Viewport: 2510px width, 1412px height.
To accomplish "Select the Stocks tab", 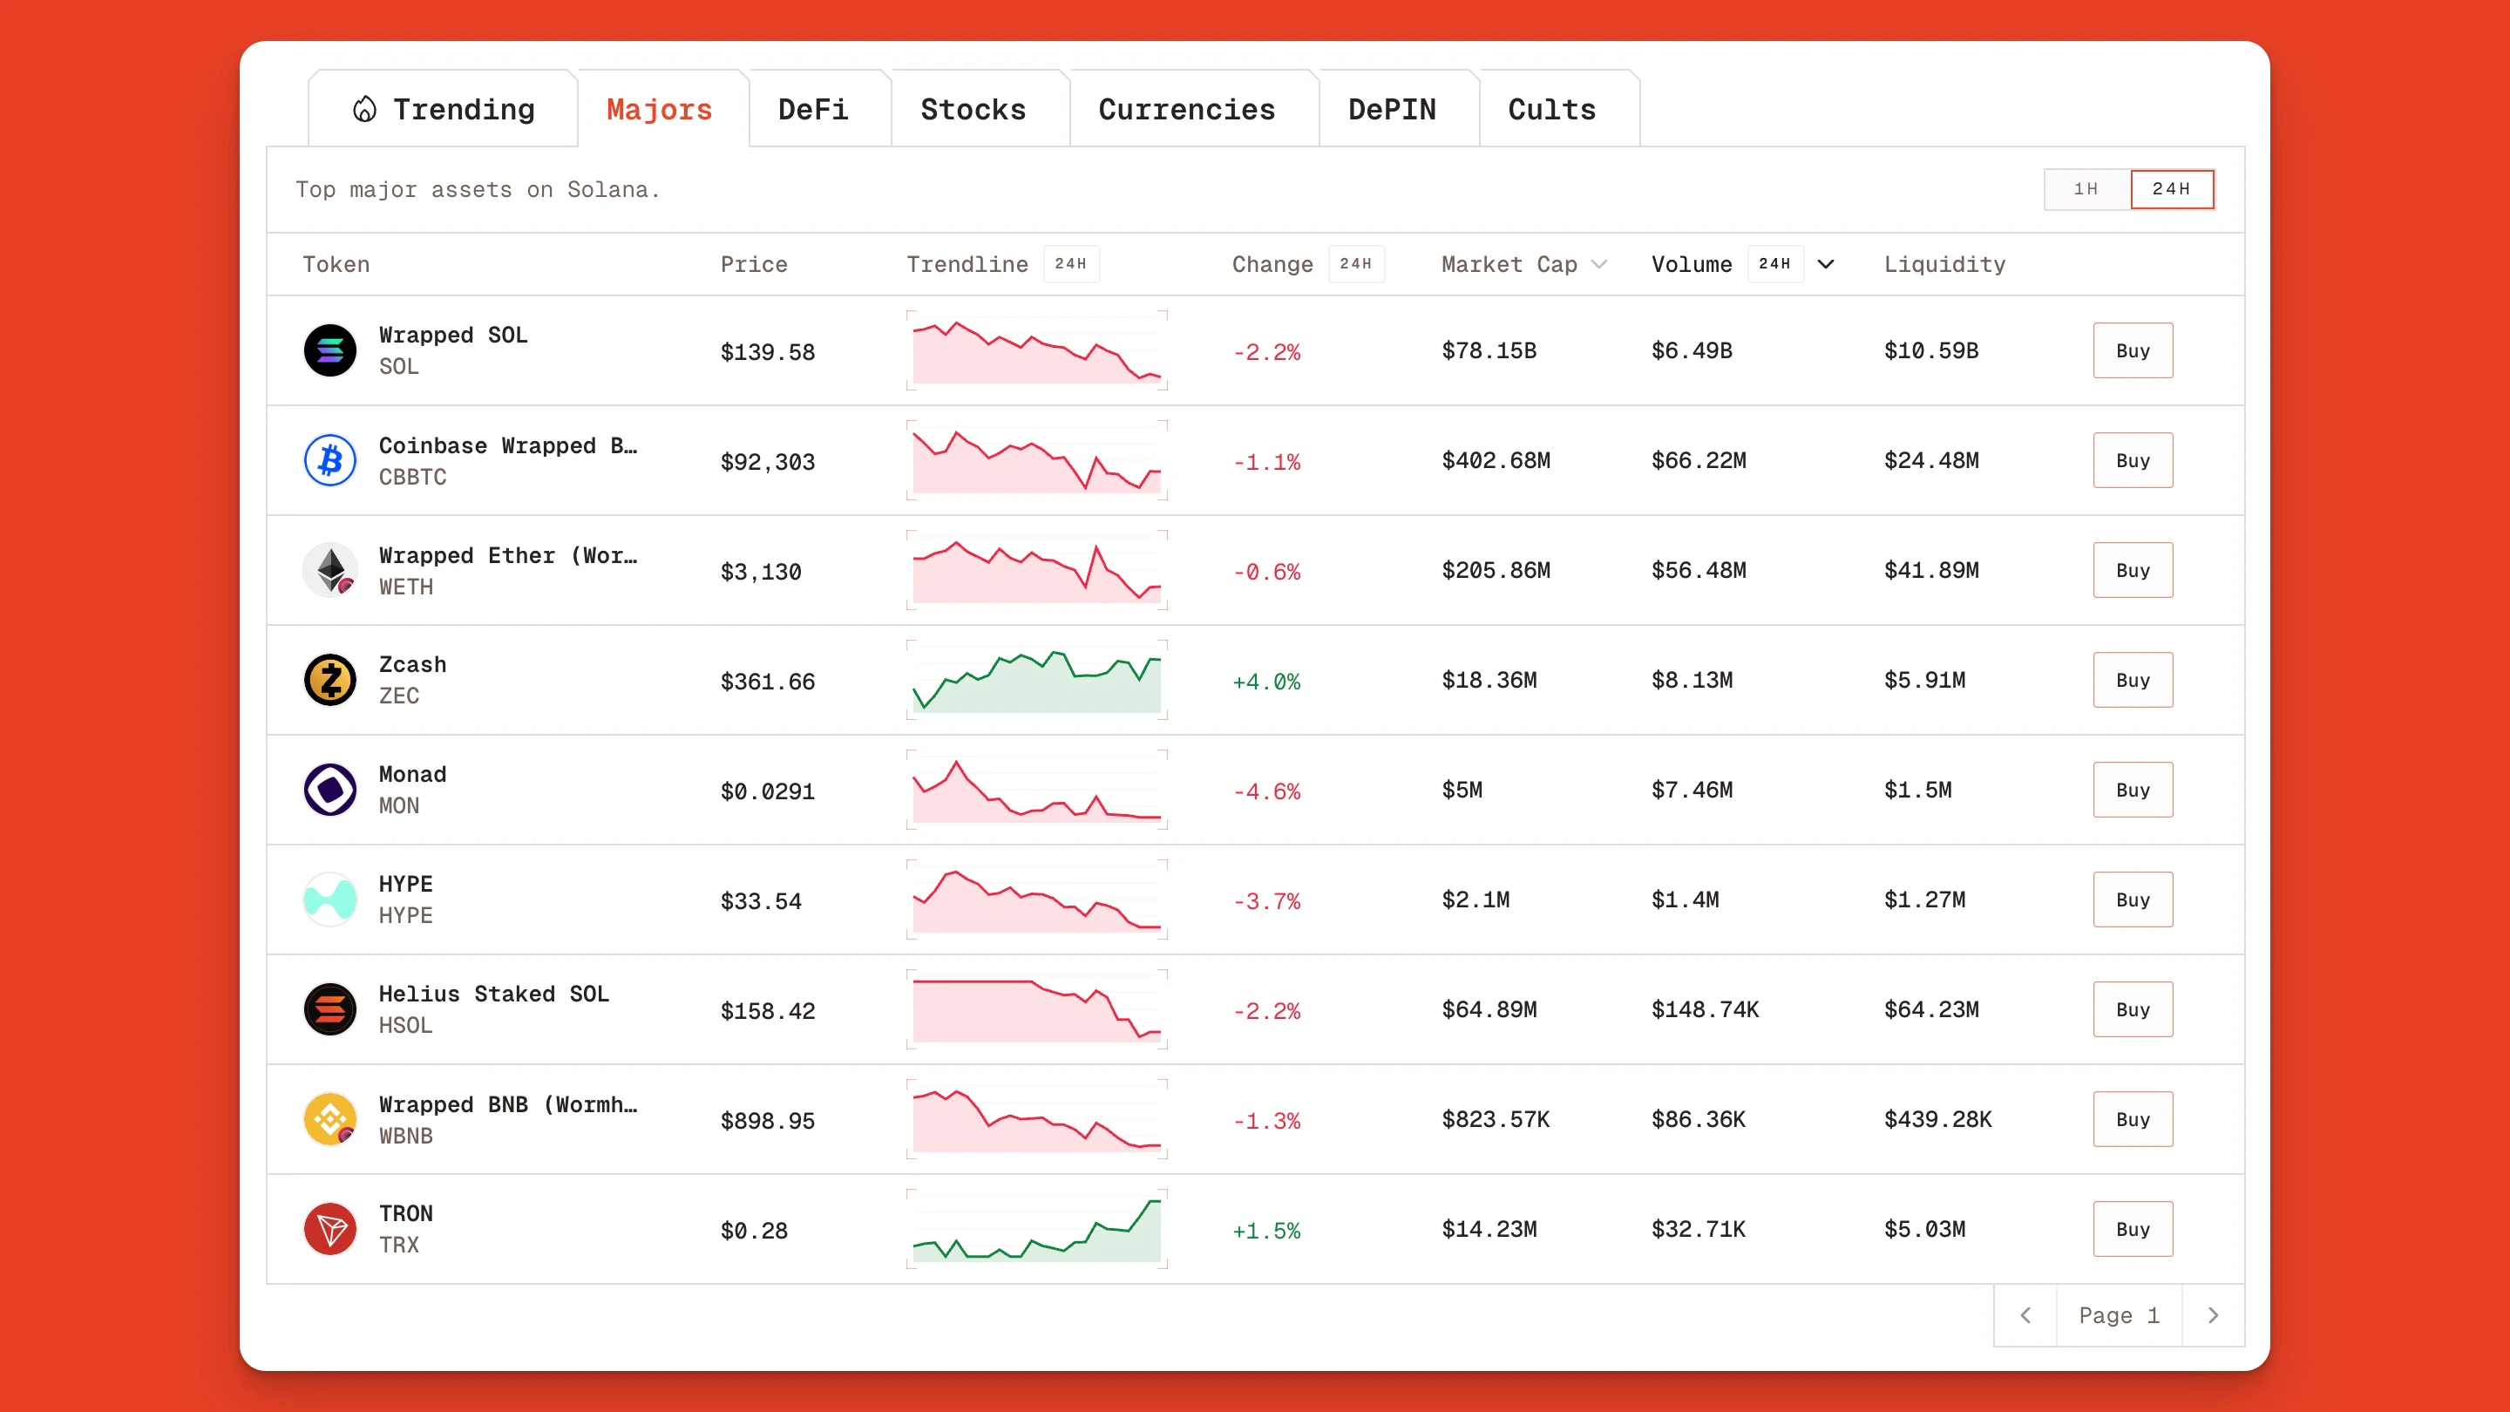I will [973, 109].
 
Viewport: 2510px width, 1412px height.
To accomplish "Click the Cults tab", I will [1551, 109].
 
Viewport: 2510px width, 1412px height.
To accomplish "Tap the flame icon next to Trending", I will [364, 109].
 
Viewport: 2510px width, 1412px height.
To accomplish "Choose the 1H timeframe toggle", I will [2086, 189].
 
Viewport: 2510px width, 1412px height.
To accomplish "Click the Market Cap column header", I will [1509, 264].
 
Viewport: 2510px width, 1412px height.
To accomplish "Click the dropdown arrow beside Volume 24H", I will [1826, 264].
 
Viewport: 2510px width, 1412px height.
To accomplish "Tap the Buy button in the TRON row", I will [2132, 1229].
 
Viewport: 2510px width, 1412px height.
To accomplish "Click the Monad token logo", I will [330, 790].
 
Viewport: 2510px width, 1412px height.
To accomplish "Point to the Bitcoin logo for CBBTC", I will [330, 460].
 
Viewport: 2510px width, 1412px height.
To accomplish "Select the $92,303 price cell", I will [767, 462].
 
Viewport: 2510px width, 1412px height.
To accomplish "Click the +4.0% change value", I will [1265, 681].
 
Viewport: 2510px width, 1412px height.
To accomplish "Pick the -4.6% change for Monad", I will [1265, 791].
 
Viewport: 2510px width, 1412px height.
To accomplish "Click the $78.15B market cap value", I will [1489, 350].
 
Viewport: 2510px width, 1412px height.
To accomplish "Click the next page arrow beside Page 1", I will [2213, 1315].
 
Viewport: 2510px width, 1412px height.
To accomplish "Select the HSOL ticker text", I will [405, 1025].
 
